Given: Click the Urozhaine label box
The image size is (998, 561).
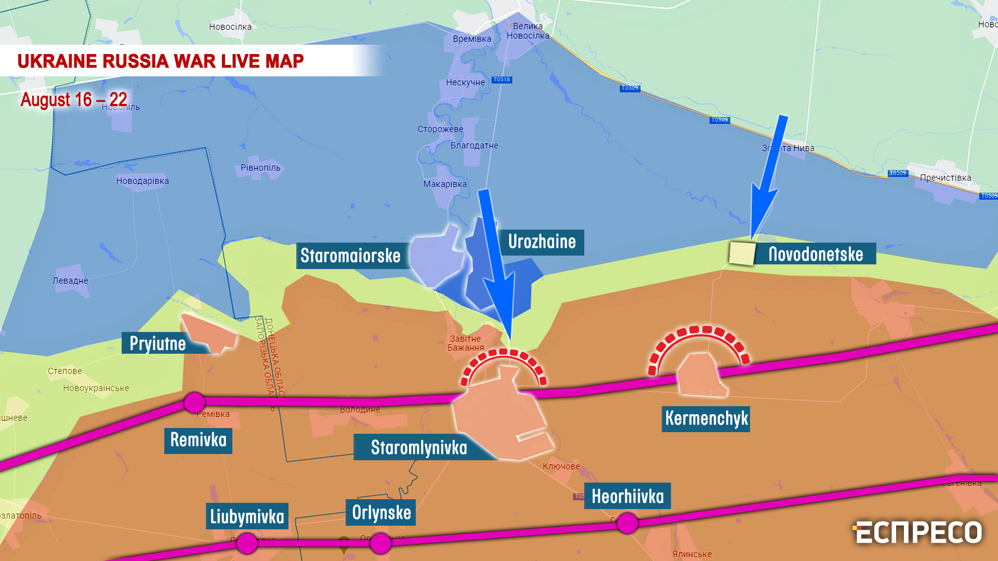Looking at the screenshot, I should point(542,242).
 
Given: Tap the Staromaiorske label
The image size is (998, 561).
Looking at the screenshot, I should point(350,256).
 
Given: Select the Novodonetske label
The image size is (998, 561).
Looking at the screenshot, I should point(815,254).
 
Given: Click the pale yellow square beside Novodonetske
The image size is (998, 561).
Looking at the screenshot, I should point(742,253).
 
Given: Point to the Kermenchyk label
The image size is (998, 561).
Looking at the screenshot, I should point(706,419).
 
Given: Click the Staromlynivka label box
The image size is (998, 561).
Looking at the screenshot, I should point(418,447).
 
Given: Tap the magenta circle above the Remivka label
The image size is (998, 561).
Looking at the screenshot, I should point(194,403).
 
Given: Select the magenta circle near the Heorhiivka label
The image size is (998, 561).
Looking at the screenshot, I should point(627,523).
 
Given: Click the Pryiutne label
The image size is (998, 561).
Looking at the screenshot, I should point(157,343).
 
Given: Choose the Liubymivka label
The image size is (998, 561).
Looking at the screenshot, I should point(247,516).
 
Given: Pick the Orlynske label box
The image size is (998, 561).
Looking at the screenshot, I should point(381,513).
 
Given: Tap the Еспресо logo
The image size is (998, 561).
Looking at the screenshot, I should point(917,532).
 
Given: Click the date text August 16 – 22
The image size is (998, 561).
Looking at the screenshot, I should point(74,99).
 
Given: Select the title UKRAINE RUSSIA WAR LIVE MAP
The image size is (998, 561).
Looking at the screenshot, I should point(160,61).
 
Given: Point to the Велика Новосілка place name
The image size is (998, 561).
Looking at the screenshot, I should point(528,31).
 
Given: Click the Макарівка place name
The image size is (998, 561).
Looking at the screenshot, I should point(445,184).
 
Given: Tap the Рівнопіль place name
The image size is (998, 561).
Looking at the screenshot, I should point(260,168).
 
